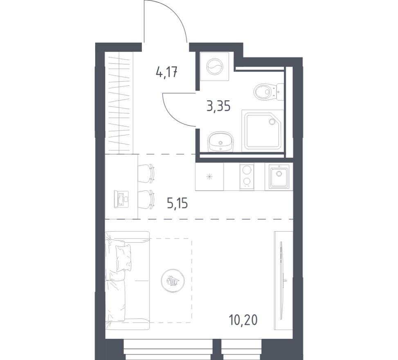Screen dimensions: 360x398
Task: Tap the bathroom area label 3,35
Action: [x=218, y=106]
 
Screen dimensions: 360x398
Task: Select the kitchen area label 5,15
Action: [x=177, y=202]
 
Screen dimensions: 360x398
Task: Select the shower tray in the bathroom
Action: [x=263, y=130]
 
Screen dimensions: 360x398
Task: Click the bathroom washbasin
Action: [x=220, y=142]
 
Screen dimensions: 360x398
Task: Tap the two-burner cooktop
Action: [x=247, y=176]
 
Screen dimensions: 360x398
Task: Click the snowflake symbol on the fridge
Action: [x=209, y=177]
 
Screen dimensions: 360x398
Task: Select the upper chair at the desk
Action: [x=146, y=173]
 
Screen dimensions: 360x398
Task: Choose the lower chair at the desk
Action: [x=146, y=199]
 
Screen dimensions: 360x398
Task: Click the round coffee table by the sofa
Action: [x=173, y=281]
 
